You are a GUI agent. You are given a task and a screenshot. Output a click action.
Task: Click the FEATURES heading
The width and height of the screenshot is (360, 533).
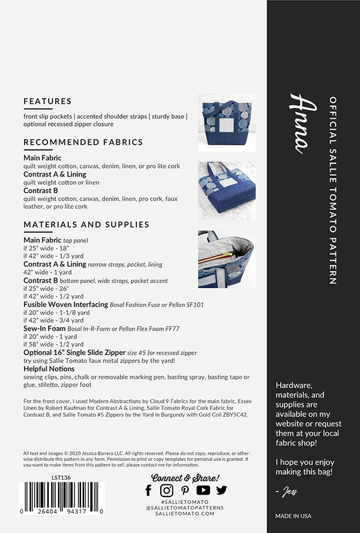click(x=47, y=101)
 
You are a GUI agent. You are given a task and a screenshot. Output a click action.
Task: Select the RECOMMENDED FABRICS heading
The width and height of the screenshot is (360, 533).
click(x=83, y=142)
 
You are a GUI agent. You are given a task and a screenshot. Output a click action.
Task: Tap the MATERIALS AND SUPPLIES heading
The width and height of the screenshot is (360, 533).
click(x=86, y=224)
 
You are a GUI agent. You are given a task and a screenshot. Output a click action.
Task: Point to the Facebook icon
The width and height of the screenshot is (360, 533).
click(x=149, y=490)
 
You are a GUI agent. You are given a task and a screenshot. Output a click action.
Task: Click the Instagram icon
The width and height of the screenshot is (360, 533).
click(x=167, y=490)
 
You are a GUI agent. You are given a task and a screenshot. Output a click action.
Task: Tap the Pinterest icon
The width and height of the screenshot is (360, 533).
click(x=185, y=490)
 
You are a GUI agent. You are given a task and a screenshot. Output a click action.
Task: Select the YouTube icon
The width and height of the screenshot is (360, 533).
click(x=203, y=490)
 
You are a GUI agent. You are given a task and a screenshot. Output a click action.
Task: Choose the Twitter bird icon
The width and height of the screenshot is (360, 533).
click(x=221, y=490)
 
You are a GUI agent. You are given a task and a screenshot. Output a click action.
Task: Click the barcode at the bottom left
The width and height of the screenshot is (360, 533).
click(x=62, y=497)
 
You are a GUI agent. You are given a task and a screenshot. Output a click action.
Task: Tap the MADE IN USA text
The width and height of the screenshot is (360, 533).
click(x=293, y=516)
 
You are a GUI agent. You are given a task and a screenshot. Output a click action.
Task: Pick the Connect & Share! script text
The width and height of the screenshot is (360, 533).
click(x=185, y=477)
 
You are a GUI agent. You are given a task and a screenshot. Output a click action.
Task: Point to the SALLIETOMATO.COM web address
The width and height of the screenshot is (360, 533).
click(x=185, y=514)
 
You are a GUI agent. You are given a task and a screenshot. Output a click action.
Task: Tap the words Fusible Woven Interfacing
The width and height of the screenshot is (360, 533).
click(x=65, y=304)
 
